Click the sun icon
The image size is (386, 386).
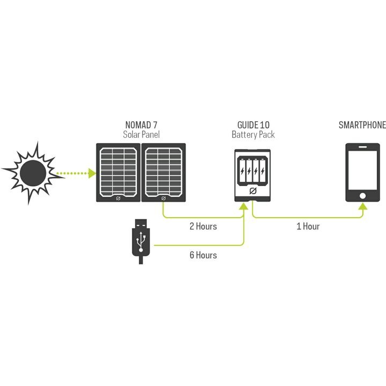pos(31,172)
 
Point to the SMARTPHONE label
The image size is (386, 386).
pos(362,125)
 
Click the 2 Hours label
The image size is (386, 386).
pos(203,226)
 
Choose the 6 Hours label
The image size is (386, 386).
pos(203,255)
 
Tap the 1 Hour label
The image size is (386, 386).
pos(308,226)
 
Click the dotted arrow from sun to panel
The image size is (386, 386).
pos(75,173)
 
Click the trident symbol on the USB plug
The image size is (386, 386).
pos(140,241)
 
